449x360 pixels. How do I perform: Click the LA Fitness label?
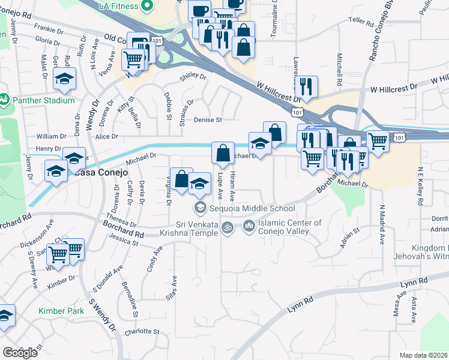pos(118,6)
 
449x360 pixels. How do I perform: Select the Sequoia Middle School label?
pos(252,208)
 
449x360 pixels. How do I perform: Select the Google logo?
pos(20,353)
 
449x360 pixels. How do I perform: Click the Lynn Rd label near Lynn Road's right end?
pos(415,280)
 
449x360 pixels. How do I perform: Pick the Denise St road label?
pos(208,120)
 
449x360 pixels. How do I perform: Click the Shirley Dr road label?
pos(193,77)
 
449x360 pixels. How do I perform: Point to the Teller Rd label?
pos(361,20)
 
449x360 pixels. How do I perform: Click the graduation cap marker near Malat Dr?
pos(64,78)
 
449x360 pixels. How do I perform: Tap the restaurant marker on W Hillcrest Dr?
pos(307,86)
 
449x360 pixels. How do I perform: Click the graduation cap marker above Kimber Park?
pos(5,316)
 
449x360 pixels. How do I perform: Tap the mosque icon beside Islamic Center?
pos(249,226)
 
